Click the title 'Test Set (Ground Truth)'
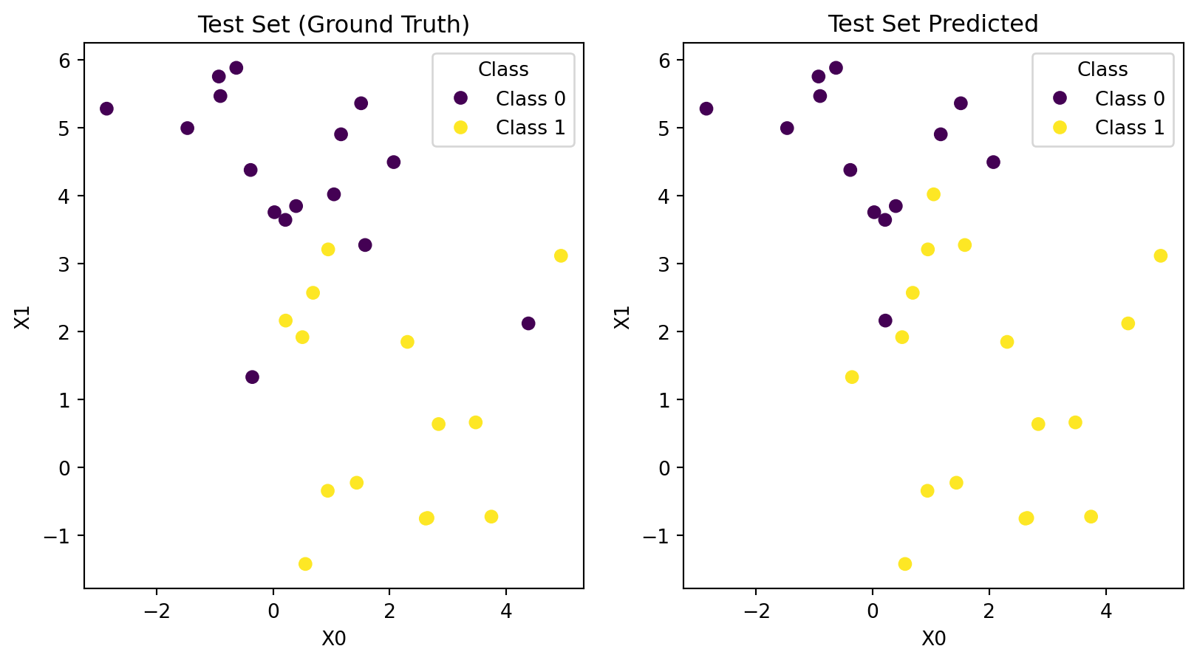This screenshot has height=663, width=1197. pyautogui.click(x=333, y=24)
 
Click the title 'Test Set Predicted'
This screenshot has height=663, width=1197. pyautogui.click(x=932, y=24)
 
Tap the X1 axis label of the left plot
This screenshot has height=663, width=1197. pyautogui.click(x=23, y=317)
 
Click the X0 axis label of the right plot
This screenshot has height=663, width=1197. pyautogui.click(x=933, y=639)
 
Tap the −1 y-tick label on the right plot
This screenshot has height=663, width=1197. pyautogui.click(x=658, y=536)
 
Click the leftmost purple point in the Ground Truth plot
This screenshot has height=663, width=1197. pyautogui.click(x=106, y=109)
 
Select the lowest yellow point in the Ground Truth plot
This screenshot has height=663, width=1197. pyautogui.click(x=305, y=564)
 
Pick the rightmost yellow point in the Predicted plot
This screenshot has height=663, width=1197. pyautogui.click(x=1160, y=255)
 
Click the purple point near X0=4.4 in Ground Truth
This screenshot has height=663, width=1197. pyautogui.click(x=528, y=323)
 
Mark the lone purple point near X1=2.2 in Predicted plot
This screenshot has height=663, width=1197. pyautogui.click(x=885, y=320)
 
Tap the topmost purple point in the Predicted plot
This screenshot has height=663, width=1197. pyautogui.click(x=836, y=68)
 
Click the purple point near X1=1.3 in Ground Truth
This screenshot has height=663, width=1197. pyautogui.click(x=252, y=377)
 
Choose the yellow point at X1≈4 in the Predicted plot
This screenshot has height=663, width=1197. pyautogui.click(x=933, y=194)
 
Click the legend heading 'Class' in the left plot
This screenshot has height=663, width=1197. pyautogui.click(x=503, y=70)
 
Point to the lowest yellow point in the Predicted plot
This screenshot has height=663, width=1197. pyautogui.click(x=904, y=564)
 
